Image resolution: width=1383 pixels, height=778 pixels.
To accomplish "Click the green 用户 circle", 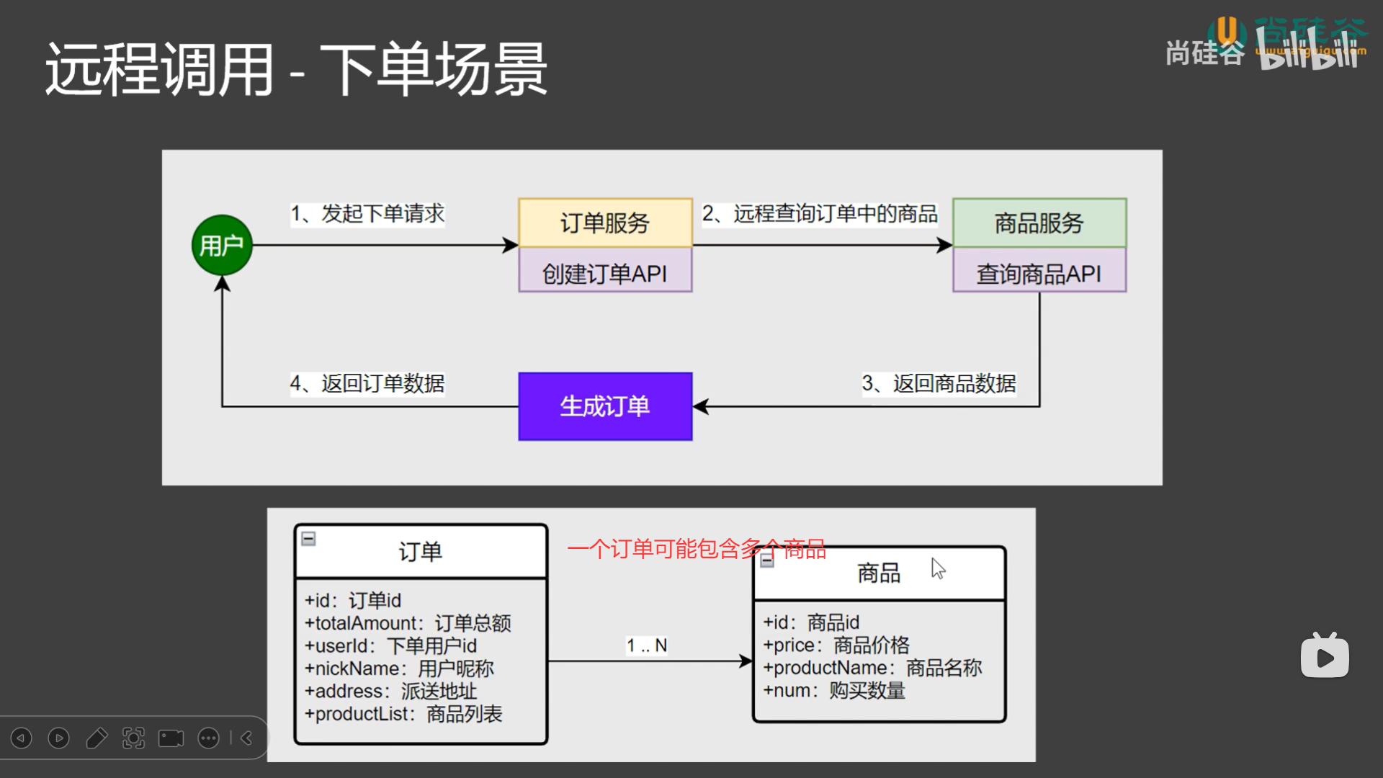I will (x=222, y=245).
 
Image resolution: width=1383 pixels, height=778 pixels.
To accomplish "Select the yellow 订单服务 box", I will (x=605, y=223).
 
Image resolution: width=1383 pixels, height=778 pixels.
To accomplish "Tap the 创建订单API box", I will (x=605, y=273).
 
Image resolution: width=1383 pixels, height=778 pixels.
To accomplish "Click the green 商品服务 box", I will (x=1039, y=223).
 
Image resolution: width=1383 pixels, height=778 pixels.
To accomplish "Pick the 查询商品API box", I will (x=1039, y=273).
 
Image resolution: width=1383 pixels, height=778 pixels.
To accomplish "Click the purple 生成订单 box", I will (x=605, y=406).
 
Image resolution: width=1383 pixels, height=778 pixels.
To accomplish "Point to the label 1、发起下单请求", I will (x=367, y=213).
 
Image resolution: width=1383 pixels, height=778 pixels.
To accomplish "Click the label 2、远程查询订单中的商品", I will (x=820, y=213).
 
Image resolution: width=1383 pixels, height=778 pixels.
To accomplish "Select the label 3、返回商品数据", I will (x=939, y=383).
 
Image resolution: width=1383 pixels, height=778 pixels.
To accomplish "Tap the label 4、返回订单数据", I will (x=367, y=383).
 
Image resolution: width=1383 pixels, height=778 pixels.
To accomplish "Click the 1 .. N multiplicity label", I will (x=646, y=645).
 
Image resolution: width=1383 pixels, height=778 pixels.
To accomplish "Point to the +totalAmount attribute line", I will (x=408, y=623).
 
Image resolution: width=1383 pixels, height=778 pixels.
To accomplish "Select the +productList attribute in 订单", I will (x=403, y=714).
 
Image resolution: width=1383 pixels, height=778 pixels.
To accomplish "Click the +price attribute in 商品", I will (x=836, y=645).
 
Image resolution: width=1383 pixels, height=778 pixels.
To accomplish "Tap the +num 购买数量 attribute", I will (x=834, y=690).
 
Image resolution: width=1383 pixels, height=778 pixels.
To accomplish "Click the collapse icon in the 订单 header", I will (x=308, y=538).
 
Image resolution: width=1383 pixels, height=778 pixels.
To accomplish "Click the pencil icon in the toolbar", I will (x=97, y=738).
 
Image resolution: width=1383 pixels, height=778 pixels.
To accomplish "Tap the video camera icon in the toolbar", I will (x=171, y=738).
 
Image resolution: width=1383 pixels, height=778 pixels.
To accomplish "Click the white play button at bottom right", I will (x=1325, y=657).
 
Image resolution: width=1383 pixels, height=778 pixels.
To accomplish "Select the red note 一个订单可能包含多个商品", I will (x=696, y=549).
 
